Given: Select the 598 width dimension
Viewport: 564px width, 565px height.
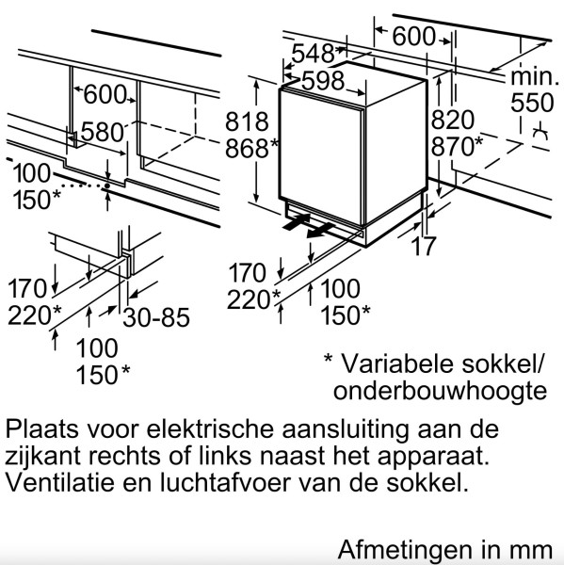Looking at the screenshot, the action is [323, 81].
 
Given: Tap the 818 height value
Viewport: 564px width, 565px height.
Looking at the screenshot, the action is [247, 121].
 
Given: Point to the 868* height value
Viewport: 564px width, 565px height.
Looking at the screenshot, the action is [251, 148].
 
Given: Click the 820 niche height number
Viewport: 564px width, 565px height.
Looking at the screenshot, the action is [453, 120].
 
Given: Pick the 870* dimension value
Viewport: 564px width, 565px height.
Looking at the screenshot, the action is [457, 146].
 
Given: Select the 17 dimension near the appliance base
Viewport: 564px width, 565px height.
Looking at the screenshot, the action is [423, 246].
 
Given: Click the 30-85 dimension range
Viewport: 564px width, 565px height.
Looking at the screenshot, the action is [156, 317].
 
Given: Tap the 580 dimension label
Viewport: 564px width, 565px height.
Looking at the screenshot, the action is [103, 132].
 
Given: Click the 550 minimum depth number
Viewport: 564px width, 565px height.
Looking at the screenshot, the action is [532, 103].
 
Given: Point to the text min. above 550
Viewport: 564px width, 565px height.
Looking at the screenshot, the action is [534, 77].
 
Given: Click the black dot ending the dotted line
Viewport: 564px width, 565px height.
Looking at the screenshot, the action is [107, 186].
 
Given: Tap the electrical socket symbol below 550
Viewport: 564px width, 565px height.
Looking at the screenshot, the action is [540, 132].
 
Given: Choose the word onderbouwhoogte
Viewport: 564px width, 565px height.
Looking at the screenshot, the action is [440, 391].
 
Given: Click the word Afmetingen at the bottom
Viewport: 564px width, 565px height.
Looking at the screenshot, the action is [404, 550].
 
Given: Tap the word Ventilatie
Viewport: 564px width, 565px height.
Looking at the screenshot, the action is [60, 482].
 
